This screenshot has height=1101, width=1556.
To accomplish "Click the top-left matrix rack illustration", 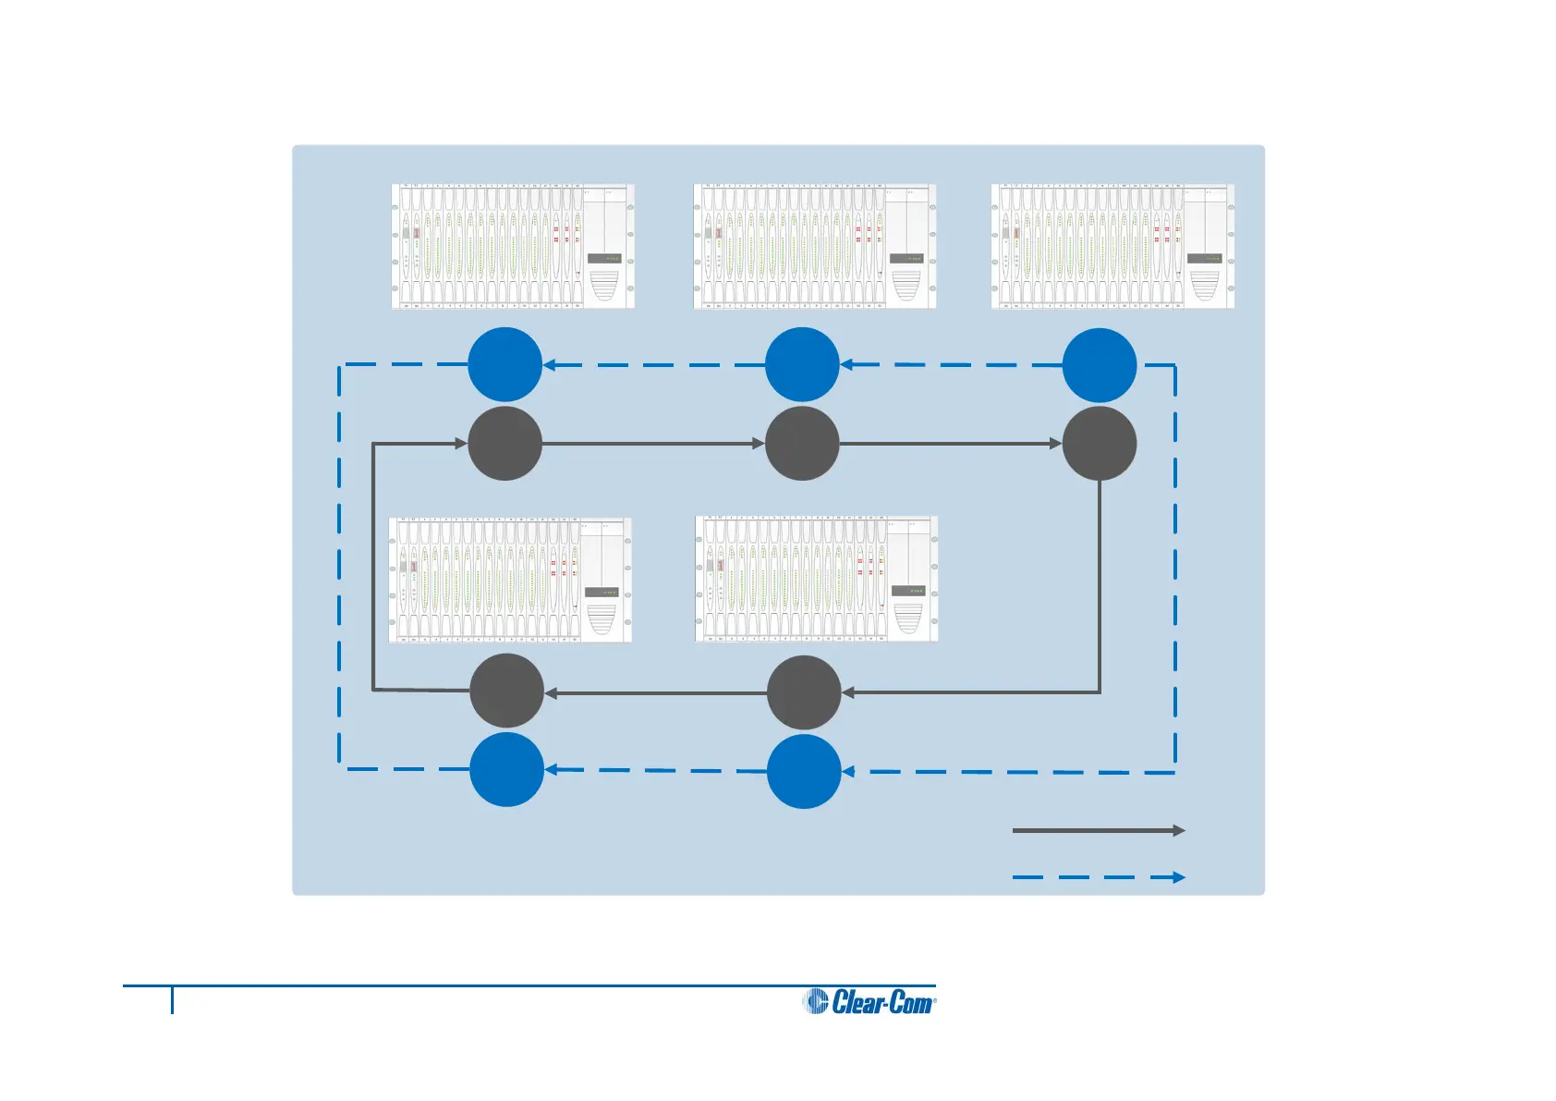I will click(513, 246).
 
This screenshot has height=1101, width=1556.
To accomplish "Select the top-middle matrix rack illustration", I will click(815, 246).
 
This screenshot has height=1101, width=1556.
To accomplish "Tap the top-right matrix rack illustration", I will click(1112, 246).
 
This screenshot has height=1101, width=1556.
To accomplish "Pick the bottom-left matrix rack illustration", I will click(510, 580).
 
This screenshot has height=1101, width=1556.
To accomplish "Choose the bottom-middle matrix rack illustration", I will click(817, 579).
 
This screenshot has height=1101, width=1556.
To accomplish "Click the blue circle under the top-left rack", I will click(504, 364).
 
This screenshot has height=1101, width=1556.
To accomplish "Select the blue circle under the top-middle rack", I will click(802, 364).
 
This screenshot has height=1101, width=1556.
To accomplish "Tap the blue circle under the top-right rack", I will click(1100, 365).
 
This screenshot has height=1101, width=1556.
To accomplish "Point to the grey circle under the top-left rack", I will click(504, 444).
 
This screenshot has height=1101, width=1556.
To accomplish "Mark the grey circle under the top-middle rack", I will click(802, 444).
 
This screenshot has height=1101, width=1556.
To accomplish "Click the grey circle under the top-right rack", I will click(1100, 444).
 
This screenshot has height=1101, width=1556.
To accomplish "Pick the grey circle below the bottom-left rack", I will click(506, 691).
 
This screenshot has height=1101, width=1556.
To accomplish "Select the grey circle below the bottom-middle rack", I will click(804, 692).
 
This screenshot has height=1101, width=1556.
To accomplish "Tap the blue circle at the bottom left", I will click(506, 769).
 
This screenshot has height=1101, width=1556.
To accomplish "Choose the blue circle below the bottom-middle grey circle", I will click(804, 771).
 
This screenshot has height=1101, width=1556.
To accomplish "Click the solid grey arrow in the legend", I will click(1099, 830).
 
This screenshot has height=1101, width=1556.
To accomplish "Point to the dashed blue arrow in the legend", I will click(1099, 877).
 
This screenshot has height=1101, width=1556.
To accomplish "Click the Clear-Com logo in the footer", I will click(869, 1001).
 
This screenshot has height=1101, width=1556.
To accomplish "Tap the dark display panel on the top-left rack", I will click(603, 259).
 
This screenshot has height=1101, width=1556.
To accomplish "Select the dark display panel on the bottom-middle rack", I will click(907, 591).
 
